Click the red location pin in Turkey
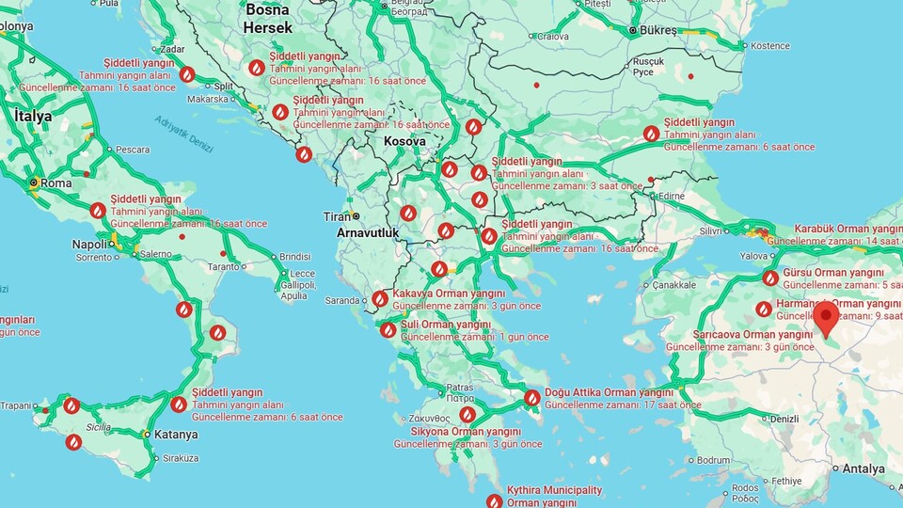pos(826,318)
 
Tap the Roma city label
pos(56,183)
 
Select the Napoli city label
pos(89,245)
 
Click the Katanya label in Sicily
pos(176,435)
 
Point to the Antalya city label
pos(863,468)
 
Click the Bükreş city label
pos(658,30)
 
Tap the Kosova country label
pos(404,141)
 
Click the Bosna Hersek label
pos(268,19)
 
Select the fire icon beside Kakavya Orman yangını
pos(380,299)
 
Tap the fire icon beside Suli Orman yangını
pos(388,330)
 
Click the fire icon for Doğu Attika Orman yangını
pos(531,398)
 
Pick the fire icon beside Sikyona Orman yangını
pos(467,414)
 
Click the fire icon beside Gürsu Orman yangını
pos(770,278)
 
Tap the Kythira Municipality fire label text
pos(554,497)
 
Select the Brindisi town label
pos(294,256)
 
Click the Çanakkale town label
pos(673,285)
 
